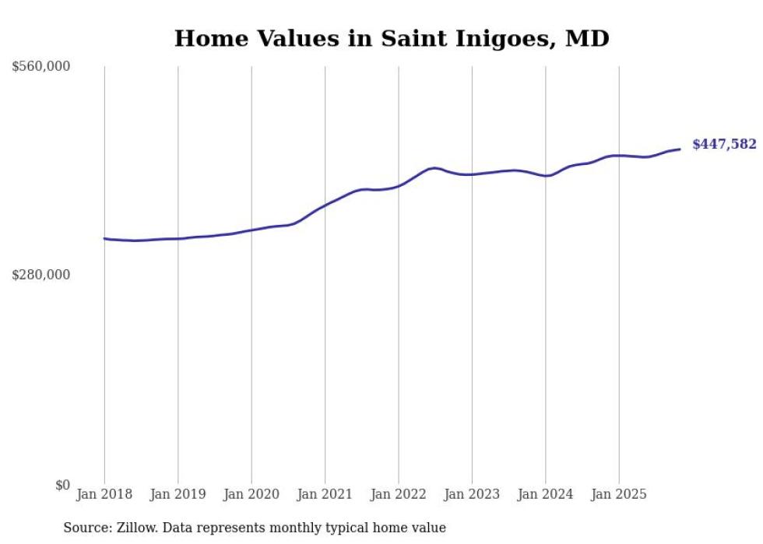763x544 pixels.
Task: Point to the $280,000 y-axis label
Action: click(x=41, y=275)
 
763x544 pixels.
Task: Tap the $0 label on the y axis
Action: click(x=62, y=486)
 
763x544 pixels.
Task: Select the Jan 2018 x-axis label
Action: click(x=104, y=494)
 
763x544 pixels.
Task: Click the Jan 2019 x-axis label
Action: click(x=178, y=494)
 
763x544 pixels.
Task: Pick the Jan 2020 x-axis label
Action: click(x=251, y=494)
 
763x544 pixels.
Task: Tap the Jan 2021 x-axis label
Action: click(x=325, y=494)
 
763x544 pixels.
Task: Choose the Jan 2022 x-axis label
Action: click(x=399, y=494)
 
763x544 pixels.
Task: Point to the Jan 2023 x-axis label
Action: click(x=472, y=494)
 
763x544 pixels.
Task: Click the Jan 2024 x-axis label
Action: click(x=546, y=494)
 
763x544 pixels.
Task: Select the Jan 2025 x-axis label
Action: click(x=619, y=494)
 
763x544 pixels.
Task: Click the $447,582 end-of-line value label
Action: click(x=724, y=144)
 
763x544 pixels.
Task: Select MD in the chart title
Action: click(x=587, y=38)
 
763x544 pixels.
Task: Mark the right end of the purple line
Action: click(x=680, y=149)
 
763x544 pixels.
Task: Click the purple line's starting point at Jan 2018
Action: click(x=104, y=239)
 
